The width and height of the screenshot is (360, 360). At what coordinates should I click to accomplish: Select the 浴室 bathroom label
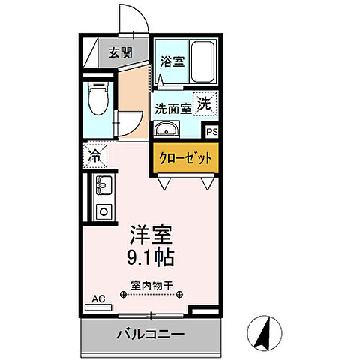tap(172, 61)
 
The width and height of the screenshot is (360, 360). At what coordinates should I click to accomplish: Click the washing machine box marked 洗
tap(204, 104)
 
